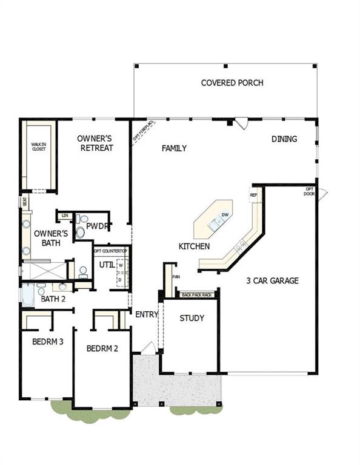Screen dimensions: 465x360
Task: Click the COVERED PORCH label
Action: point(232,82)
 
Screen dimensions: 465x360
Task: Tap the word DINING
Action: point(284,139)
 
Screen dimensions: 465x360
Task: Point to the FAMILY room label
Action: point(174,148)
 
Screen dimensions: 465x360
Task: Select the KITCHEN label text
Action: point(194,246)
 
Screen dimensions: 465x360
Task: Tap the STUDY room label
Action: point(192,318)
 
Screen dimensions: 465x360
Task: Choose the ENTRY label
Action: point(146,314)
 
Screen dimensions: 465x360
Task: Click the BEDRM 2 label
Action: point(101,349)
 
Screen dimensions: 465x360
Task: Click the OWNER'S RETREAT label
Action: point(95,143)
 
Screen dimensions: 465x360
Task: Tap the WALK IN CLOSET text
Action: point(39,146)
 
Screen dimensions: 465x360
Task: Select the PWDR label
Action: point(96,227)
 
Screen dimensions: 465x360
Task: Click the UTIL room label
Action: point(107,265)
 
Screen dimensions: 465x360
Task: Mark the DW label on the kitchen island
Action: point(225,215)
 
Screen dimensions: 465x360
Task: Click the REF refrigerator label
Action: point(253,195)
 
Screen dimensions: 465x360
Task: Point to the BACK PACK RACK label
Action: point(198,295)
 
